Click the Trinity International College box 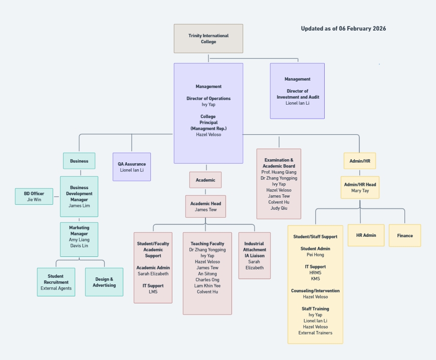tap(208, 39)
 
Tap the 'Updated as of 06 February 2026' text tap(343, 29)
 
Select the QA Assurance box tap(132, 167)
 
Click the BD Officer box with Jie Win tap(34, 196)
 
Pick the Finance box tap(404, 235)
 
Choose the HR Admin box tap(366, 235)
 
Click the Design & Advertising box tap(104, 282)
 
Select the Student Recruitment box tap(56, 282)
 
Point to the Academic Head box tap(205, 206)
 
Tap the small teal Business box tap(79, 161)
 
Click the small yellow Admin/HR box tap(359, 161)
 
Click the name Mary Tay tap(359, 191)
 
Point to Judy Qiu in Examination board tap(279, 208)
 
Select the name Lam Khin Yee tap(207, 286)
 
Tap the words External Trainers tap(315, 333)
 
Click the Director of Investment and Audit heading tap(297, 94)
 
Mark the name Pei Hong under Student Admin tap(315, 255)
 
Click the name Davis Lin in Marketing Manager tap(79, 246)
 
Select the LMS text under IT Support tap(153, 292)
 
